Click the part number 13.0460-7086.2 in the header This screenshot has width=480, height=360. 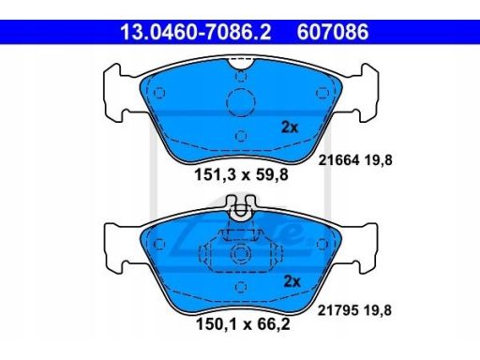196,32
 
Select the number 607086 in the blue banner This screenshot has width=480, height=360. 333,32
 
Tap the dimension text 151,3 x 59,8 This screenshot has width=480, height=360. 241,174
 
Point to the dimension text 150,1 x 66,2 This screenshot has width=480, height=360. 243,323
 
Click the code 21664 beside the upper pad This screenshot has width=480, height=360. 338,160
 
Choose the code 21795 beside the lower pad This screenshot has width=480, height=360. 338,310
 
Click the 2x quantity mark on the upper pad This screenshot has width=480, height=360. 290,127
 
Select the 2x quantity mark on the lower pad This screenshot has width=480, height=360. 292,281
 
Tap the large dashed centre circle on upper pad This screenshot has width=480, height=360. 241,102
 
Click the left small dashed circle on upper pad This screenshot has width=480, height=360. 159,93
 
